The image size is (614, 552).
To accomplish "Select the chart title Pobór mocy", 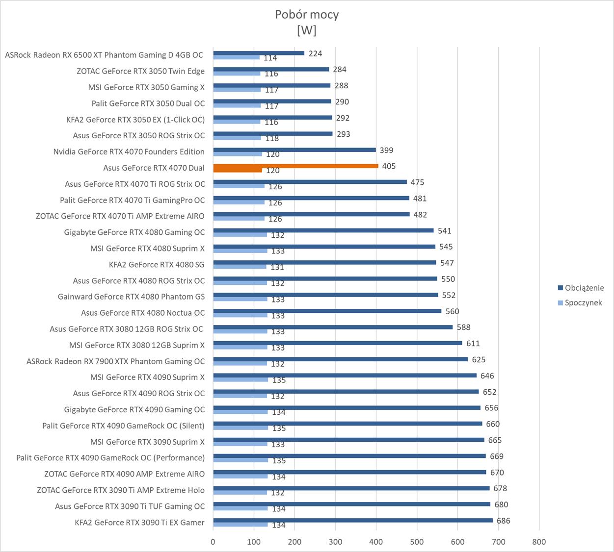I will click(307, 15).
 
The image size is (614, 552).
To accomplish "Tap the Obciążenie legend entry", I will click(584, 288).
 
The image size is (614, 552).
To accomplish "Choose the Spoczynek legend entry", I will click(583, 302).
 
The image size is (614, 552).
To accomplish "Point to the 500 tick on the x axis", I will click(417, 542).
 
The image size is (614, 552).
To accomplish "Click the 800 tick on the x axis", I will click(539, 542).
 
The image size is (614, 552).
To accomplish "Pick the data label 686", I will click(504, 521).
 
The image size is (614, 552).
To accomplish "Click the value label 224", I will click(315, 53).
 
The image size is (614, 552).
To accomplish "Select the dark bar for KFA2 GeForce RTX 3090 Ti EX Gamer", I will click(352, 521).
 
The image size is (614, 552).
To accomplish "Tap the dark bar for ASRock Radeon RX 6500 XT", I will click(259, 53).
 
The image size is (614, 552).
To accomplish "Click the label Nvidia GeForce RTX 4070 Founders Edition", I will click(129, 151).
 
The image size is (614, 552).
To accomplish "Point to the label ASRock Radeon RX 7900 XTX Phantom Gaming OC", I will click(116, 361).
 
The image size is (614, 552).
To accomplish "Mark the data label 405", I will click(389, 166).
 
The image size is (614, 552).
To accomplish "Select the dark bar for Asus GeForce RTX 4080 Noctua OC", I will click(327, 311).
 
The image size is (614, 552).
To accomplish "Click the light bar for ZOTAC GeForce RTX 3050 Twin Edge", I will click(237, 74).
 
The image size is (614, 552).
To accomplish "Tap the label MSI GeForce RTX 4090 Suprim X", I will click(148, 377).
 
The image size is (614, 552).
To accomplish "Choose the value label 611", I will click(473, 343).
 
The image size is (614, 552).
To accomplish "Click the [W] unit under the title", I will click(307, 30).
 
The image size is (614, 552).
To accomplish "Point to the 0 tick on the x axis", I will click(213, 542).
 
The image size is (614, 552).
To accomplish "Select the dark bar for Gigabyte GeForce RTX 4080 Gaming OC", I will click(323, 230).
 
